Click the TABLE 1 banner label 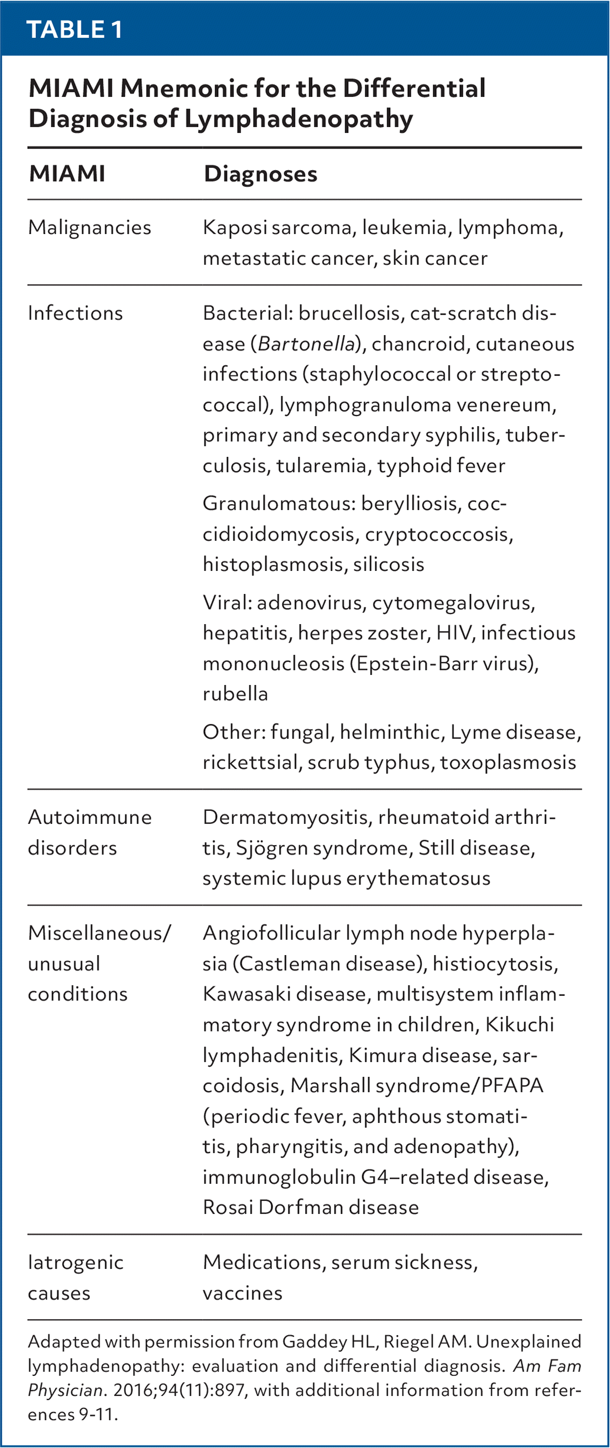point(74,30)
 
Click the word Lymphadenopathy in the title point(298,119)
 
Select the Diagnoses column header point(261,174)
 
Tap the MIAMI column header point(67,174)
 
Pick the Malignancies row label point(90,228)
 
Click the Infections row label point(76,313)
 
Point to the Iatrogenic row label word point(76,1263)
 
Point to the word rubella point(235,694)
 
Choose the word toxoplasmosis point(508,762)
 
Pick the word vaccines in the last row point(242,1294)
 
